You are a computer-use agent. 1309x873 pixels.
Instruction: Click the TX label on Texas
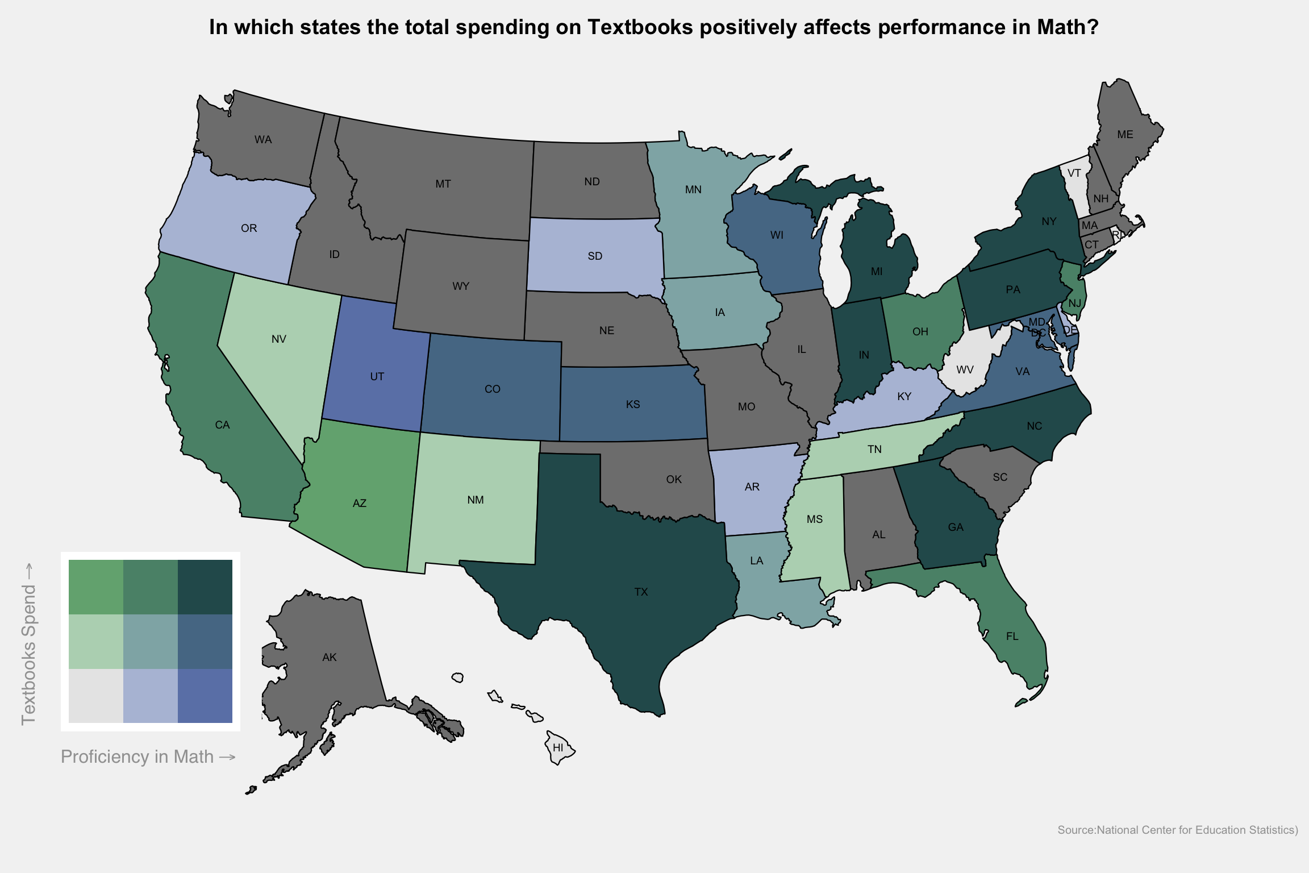[x=641, y=592]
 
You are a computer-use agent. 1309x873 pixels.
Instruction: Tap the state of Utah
[x=375, y=364]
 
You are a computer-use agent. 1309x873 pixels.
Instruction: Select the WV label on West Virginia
[x=965, y=370]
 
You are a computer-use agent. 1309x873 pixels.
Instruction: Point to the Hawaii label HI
[x=558, y=748]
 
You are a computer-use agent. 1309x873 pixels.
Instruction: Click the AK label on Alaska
[x=330, y=658]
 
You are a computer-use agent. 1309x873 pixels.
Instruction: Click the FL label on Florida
[x=1012, y=637]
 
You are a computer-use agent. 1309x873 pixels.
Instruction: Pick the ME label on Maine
[x=1125, y=135]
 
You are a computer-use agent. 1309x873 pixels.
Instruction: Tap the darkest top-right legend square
[x=205, y=587]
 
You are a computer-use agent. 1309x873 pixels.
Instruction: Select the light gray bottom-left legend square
[x=96, y=696]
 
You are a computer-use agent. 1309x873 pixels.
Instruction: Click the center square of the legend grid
[x=151, y=642]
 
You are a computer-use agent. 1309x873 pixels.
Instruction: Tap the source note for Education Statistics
[x=1177, y=830]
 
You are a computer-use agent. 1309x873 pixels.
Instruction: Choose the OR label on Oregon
[x=249, y=228]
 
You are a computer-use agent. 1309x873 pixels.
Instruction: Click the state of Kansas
[x=633, y=404]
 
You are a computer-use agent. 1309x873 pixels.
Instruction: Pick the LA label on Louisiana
[x=756, y=561]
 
